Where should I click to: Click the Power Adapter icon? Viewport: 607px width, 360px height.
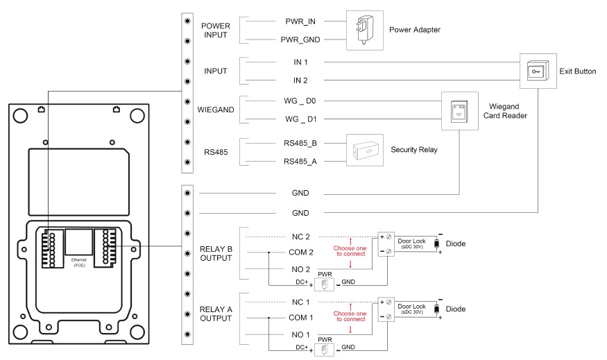click(364, 30)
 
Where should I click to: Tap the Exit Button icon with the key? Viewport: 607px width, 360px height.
click(536, 72)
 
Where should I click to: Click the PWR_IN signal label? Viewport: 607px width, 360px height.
click(300, 22)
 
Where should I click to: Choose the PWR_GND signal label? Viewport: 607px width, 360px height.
click(300, 41)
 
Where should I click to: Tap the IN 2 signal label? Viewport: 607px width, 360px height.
click(300, 81)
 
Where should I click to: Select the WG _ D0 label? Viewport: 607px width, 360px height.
click(300, 101)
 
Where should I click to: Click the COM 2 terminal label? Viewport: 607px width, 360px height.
click(300, 252)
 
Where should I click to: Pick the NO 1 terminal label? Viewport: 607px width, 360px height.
click(300, 334)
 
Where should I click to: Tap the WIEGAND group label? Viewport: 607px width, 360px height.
click(215, 110)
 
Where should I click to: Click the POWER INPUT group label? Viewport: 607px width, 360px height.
click(215, 31)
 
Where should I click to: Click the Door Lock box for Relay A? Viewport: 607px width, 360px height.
click(411, 309)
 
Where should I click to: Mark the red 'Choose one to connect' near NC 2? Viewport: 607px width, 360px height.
click(350, 252)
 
